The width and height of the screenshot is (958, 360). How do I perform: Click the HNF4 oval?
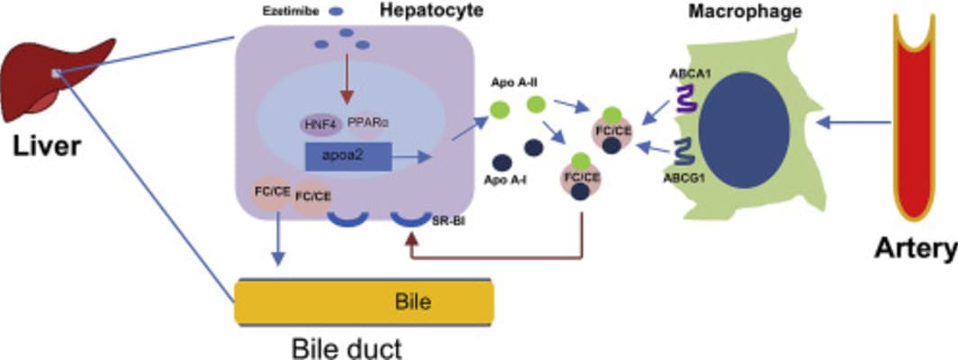point(314,126)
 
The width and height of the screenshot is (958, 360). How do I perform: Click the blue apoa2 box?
point(348,157)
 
